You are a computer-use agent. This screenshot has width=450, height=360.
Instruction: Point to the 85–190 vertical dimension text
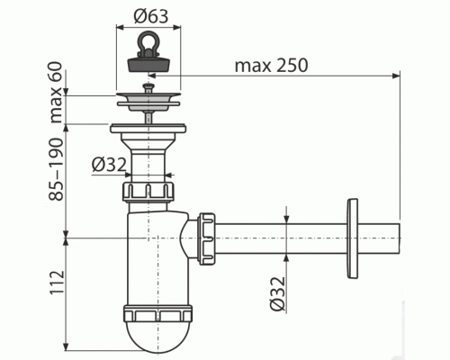tap(58, 176)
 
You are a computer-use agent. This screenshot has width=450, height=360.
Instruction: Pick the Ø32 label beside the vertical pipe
tap(110, 164)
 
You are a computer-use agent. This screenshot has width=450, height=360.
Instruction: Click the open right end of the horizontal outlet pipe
tap(396, 238)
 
